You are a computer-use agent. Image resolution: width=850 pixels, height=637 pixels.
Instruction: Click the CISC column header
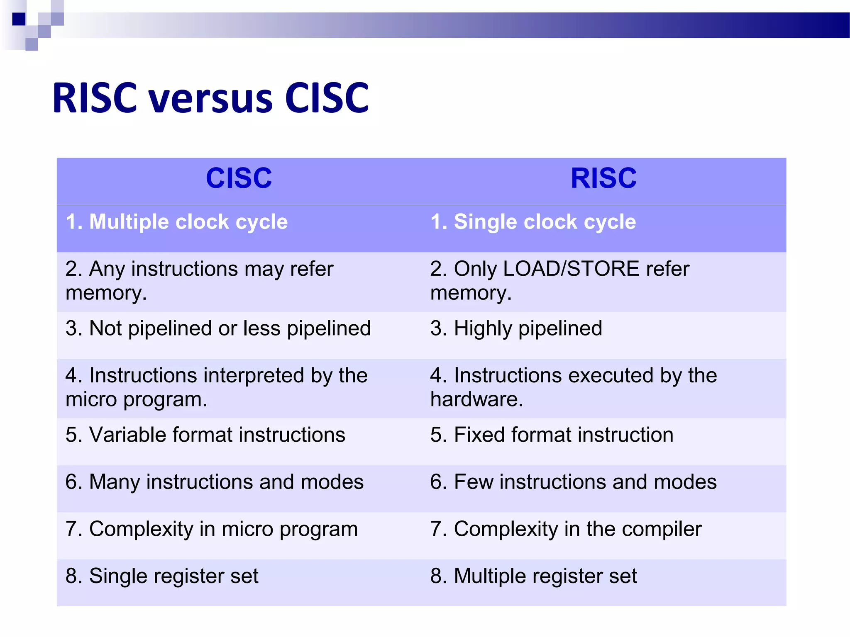(x=239, y=178)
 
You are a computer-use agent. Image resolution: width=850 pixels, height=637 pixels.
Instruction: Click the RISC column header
(x=603, y=178)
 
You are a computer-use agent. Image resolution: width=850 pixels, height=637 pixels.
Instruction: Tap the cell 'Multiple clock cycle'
(x=177, y=222)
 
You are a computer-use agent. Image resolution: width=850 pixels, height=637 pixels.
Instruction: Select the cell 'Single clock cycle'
(x=533, y=222)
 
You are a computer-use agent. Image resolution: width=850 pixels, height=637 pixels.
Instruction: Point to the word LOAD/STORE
(x=571, y=269)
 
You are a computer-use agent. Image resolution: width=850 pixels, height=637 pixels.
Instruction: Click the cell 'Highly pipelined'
(x=516, y=328)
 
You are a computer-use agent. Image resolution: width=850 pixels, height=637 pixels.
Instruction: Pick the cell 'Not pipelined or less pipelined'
(x=218, y=328)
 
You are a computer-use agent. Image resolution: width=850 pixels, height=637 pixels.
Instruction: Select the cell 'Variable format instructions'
(x=205, y=435)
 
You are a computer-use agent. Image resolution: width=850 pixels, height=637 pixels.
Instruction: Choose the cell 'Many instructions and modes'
(x=215, y=482)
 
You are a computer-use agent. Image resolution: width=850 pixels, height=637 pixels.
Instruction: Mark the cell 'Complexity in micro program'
(x=212, y=529)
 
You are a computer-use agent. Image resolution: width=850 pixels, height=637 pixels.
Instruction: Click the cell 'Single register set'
(x=162, y=576)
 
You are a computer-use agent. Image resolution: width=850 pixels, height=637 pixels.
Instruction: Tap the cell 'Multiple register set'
(x=534, y=576)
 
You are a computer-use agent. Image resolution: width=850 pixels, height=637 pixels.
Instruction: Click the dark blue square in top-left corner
(x=19, y=19)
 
